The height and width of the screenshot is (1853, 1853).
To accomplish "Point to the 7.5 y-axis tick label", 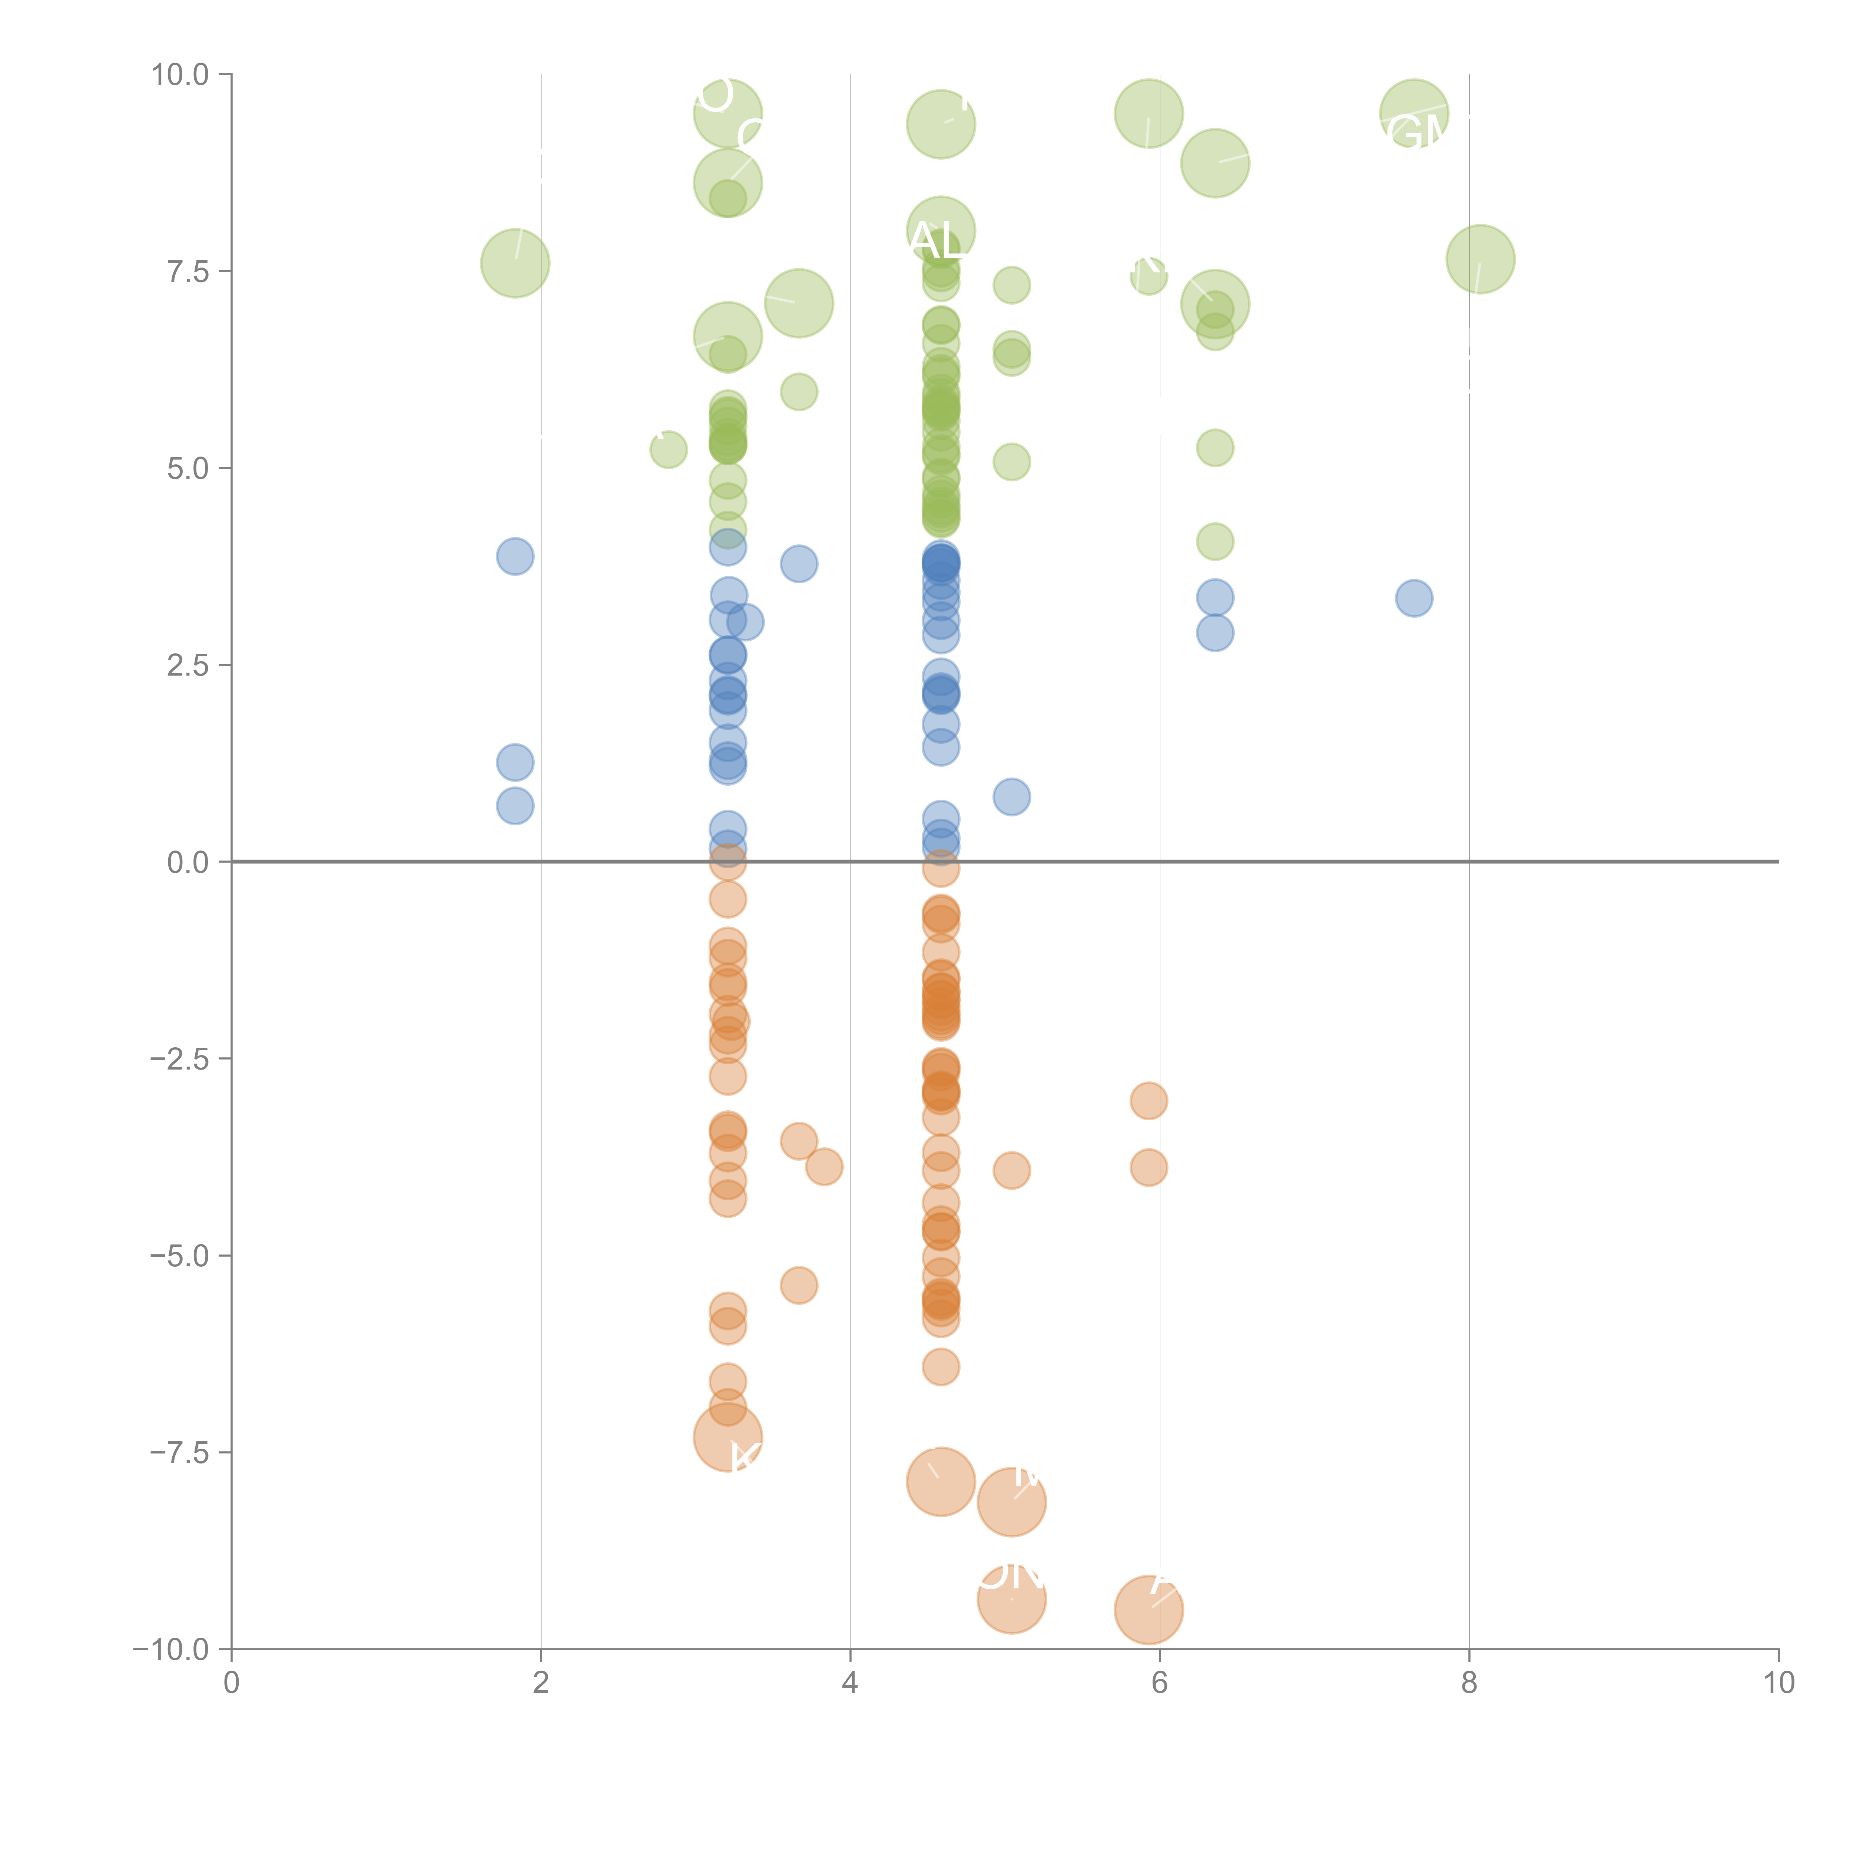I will pos(188,271).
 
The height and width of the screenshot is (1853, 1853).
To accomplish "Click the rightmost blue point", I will pos(1414,599).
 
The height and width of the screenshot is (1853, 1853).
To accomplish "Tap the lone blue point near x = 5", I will pos(1011,796).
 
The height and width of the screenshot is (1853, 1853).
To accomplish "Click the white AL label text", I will pos(937,241).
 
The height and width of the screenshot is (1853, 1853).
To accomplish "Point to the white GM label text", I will pos(1418,133).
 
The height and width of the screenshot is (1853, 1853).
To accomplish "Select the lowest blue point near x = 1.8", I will pos(515,806).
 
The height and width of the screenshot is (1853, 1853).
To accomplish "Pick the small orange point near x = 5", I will pos(1011,1170).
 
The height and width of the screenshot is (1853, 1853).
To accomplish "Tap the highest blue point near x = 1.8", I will pos(515,556).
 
